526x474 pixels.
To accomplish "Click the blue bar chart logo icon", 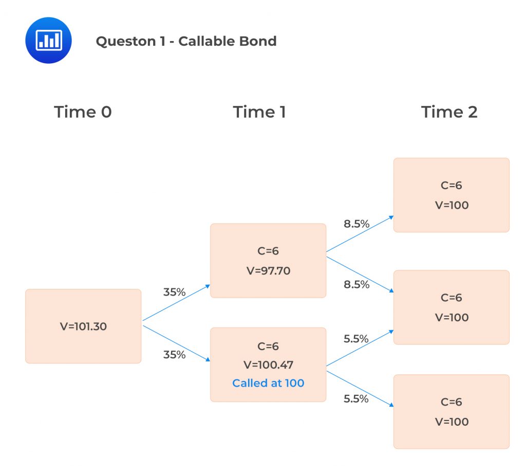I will (x=48, y=40).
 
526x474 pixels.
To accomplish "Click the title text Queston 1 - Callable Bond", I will (x=186, y=41).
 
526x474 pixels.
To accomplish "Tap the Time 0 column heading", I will (x=83, y=112).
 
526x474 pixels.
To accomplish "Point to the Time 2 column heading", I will (x=449, y=112).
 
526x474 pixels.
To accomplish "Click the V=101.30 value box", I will (x=83, y=326).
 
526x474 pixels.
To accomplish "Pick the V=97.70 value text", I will (x=268, y=270).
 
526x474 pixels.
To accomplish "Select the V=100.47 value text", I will (x=268, y=365).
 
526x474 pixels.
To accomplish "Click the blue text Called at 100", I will (x=268, y=383).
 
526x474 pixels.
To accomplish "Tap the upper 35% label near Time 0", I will (x=174, y=292).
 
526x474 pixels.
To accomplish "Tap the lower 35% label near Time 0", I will (x=174, y=354).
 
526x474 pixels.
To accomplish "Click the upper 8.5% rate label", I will (x=356, y=224).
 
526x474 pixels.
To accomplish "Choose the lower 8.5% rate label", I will (x=356, y=284).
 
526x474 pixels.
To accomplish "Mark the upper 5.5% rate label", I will (x=356, y=338).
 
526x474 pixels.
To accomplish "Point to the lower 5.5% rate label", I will (x=356, y=398).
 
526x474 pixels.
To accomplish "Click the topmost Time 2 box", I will (x=452, y=195).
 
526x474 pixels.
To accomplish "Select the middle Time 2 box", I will (x=452, y=307).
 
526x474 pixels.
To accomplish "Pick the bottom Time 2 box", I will (x=452, y=411).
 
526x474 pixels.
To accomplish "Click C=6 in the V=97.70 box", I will (x=268, y=251).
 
